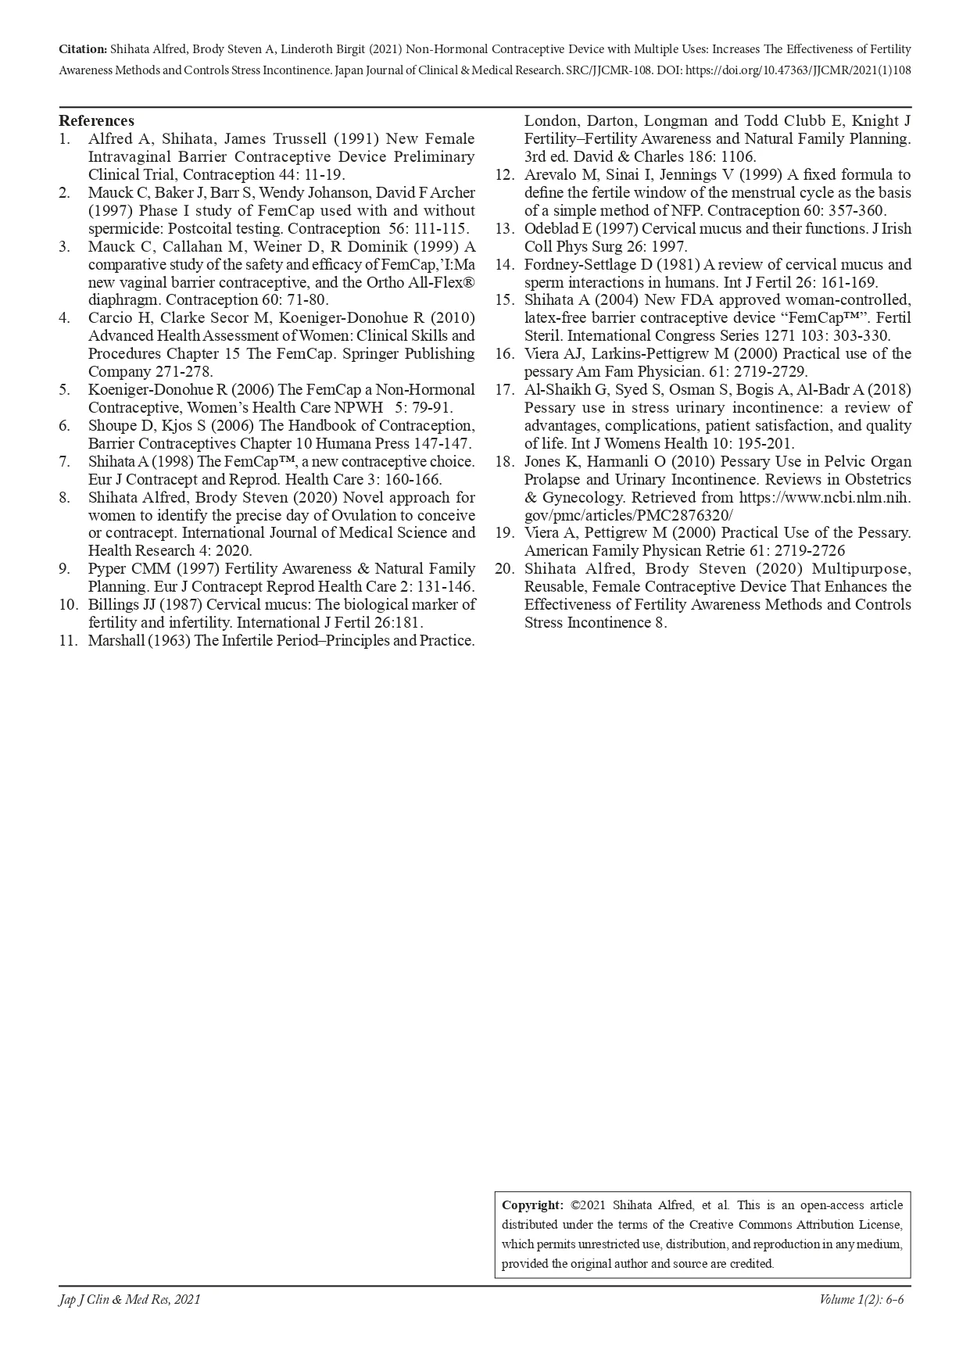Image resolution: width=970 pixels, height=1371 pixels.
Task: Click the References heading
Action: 96,120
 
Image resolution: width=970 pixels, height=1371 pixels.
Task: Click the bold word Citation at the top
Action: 82,49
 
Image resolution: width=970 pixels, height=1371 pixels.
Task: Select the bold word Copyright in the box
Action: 532,1205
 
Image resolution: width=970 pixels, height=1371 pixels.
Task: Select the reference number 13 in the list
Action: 504,228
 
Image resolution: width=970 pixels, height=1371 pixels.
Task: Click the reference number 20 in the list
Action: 504,568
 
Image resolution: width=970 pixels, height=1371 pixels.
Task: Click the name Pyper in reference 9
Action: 107,568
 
